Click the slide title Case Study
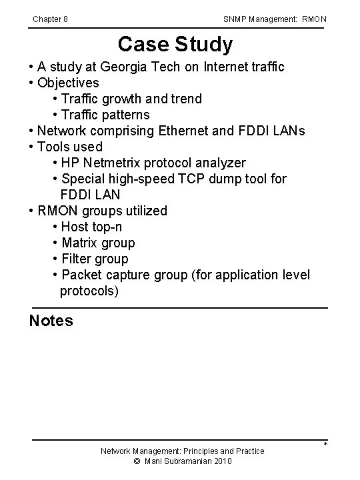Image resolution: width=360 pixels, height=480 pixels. click(x=175, y=45)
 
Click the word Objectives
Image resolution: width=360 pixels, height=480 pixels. click(x=68, y=83)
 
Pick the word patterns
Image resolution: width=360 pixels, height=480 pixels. click(x=125, y=115)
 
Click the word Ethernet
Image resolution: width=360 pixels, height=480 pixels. click(x=185, y=131)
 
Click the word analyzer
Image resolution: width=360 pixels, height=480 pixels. click(x=218, y=163)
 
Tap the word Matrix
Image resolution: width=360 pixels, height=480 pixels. click(x=81, y=243)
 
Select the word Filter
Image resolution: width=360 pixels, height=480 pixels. click(x=76, y=259)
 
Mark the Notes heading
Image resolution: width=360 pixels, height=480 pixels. click(x=51, y=321)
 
